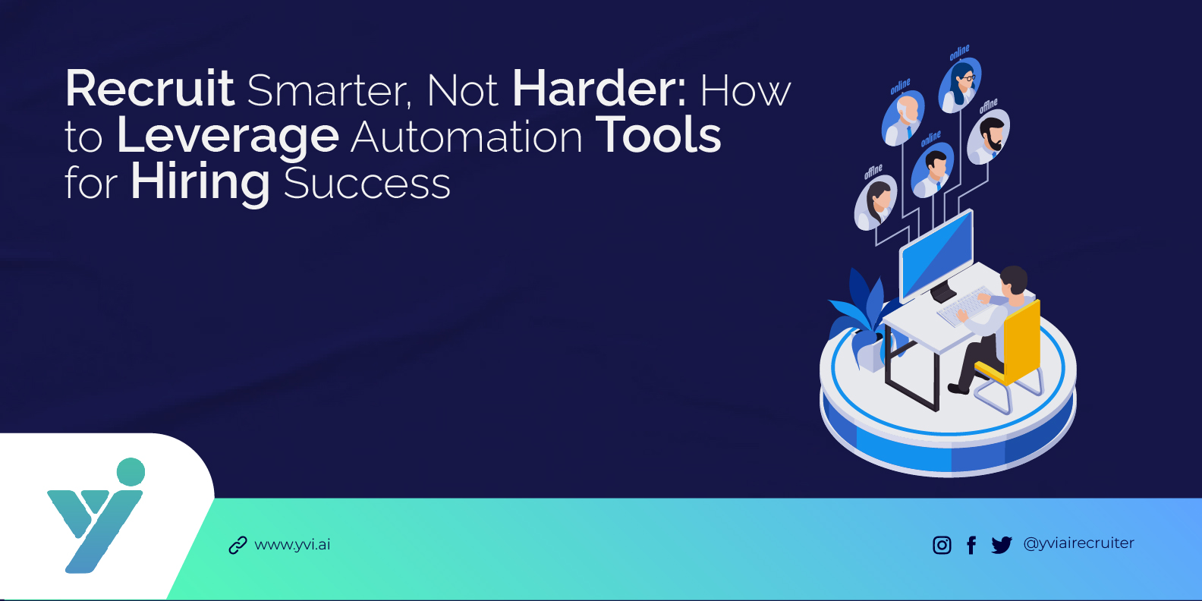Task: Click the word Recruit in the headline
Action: coord(149,90)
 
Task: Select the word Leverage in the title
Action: coord(228,137)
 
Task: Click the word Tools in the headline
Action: coord(658,137)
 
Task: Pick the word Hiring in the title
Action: coord(200,184)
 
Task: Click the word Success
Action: coord(367,184)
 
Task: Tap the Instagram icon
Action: coord(942,545)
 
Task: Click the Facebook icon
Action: coord(971,545)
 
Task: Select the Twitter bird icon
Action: coord(1002,545)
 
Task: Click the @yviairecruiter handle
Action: coord(1078,543)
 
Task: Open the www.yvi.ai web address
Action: coord(292,545)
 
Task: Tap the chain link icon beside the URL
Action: coord(238,546)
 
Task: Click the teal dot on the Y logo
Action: coord(131,471)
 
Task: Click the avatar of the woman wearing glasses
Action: coord(961,84)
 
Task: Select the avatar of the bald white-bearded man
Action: coord(904,118)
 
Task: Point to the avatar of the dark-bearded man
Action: coord(989,137)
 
